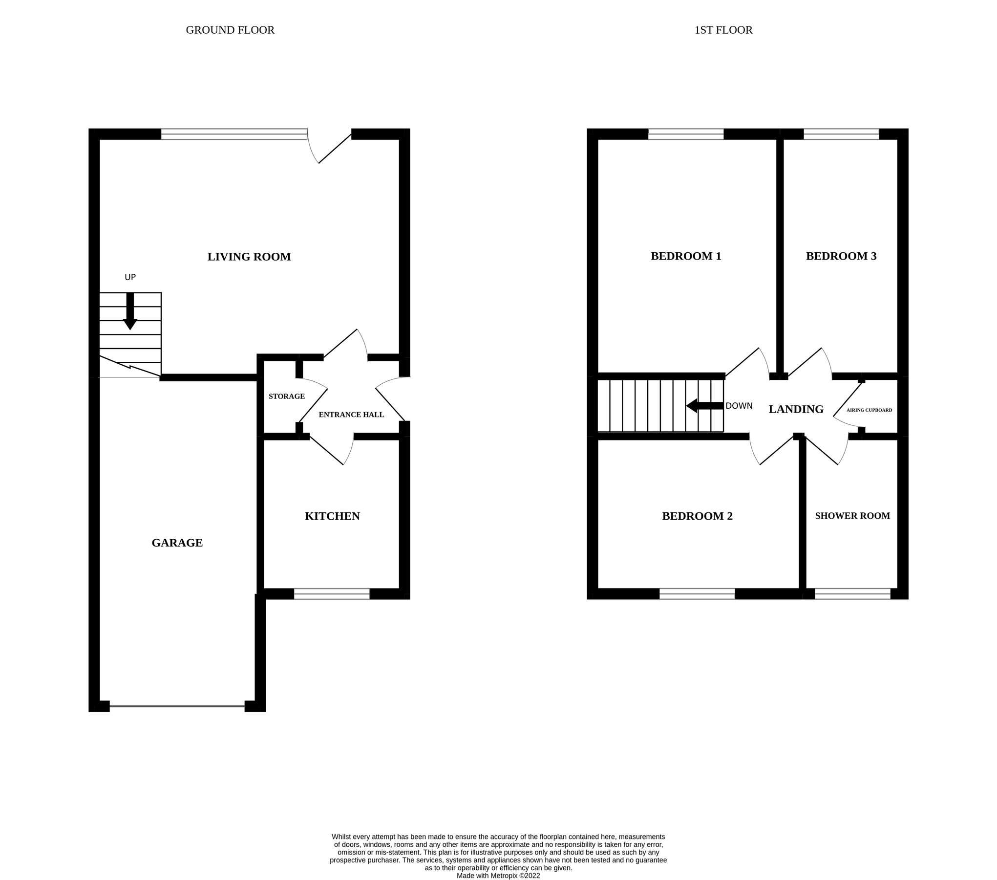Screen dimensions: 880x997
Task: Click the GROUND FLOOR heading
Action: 230,30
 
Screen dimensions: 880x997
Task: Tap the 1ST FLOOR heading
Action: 723,30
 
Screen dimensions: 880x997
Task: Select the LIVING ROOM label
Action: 249,257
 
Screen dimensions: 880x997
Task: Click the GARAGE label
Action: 177,543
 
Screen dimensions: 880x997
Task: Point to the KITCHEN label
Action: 332,516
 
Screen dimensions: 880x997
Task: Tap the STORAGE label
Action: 287,396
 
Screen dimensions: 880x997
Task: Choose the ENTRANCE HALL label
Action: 351,415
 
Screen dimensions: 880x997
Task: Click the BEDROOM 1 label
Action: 686,256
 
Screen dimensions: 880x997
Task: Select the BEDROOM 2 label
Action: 697,516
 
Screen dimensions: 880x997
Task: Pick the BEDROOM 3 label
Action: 841,256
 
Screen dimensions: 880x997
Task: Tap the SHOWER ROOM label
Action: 852,516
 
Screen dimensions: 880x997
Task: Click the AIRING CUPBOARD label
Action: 869,410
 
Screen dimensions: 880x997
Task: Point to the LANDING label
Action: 796,409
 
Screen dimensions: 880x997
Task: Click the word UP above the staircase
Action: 130,277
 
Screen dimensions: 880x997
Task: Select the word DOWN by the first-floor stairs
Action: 739,406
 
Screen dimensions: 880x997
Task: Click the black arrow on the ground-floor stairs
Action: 130,313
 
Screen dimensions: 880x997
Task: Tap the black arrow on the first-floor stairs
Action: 703,406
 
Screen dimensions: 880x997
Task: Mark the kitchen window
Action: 332,594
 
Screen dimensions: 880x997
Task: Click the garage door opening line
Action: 177,706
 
